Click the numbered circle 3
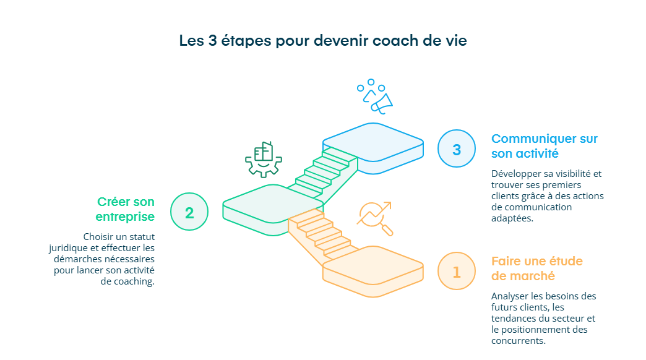(457, 149)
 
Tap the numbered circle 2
(189, 212)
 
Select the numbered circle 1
(457, 272)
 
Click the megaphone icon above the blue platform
(375, 96)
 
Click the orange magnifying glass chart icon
(375, 217)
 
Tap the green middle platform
(273, 204)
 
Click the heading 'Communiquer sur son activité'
(544, 146)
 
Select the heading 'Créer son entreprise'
(126, 209)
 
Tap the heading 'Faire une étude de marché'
(536, 268)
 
